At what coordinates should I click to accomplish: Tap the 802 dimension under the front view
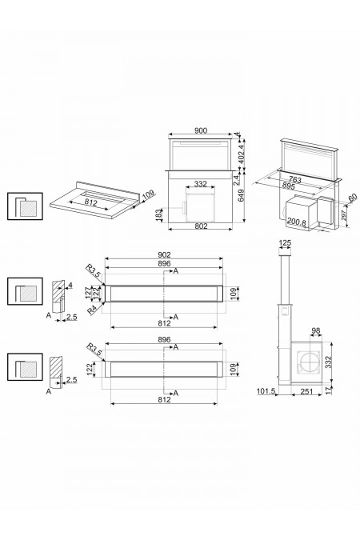tap(200, 226)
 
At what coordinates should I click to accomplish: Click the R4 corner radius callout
tap(94, 308)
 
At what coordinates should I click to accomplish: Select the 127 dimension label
tap(90, 293)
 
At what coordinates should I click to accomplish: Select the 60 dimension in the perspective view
tap(352, 197)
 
